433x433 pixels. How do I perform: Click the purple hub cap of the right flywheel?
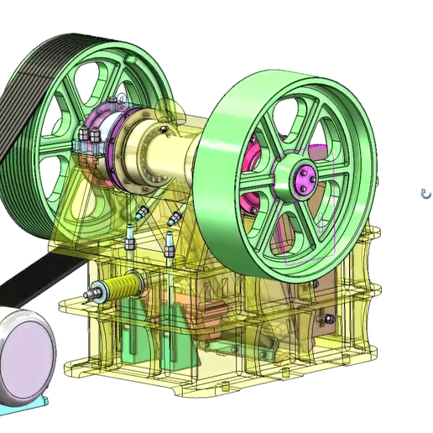(304, 179)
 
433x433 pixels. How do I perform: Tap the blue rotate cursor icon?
(425, 194)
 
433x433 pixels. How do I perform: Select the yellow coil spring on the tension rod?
(127, 289)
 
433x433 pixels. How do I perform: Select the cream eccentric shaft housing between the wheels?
(168, 151)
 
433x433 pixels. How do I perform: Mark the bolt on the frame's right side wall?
(328, 319)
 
